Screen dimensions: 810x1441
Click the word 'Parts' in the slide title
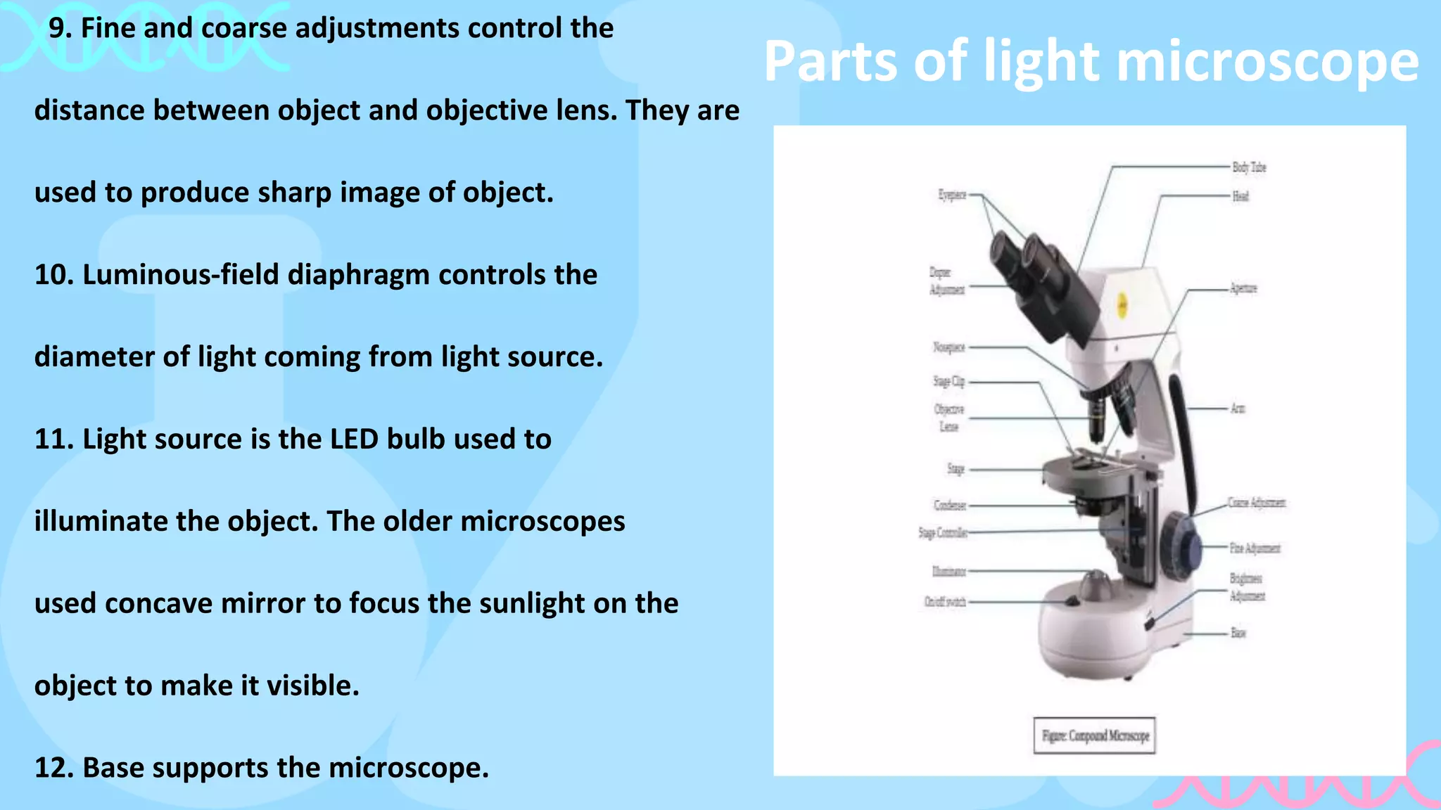[831, 62]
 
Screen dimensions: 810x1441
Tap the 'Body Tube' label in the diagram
[1249, 167]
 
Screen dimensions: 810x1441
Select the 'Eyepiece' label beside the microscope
[952, 195]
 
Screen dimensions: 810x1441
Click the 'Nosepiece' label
[948, 347]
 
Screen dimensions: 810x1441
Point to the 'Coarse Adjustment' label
[1257, 503]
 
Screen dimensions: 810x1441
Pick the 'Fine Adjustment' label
[1255, 548]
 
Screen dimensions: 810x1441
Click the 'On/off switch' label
[945, 602]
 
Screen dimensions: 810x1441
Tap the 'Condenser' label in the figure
[950, 505]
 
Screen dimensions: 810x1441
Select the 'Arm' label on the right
[1238, 409]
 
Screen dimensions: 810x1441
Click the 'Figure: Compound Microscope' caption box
[1094, 735]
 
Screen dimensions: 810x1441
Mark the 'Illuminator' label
[949, 572]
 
